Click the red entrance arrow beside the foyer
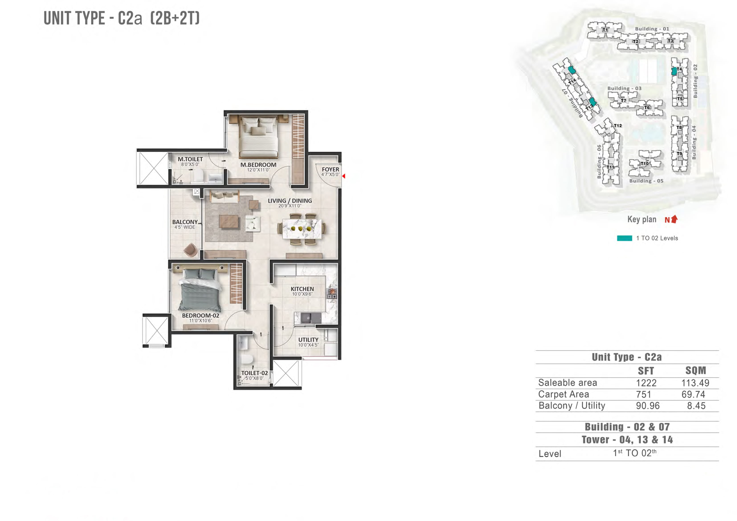pyautogui.click(x=343, y=176)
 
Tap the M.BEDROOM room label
pyautogui.click(x=258, y=165)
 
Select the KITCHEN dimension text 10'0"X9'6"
pyautogui.click(x=302, y=294)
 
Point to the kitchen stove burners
pyautogui.click(x=332, y=294)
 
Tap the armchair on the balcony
pyautogui.click(x=190, y=250)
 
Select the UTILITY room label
pyautogui.click(x=308, y=340)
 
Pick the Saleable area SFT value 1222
pyautogui.click(x=646, y=383)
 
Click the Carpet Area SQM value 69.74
pyautogui.click(x=693, y=394)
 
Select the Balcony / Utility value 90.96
pyautogui.click(x=647, y=406)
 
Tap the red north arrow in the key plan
pyautogui.click(x=674, y=219)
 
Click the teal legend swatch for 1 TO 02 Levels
pyautogui.click(x=624, y=238)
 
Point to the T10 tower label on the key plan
pyautogui.click(x=644, y=163)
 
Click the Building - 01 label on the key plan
pyautogui.click(x=652, y=29)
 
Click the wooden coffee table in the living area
pyautogui.click(x=229, y=221)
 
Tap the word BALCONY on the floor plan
pyautogui.click(x=185, y=222)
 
